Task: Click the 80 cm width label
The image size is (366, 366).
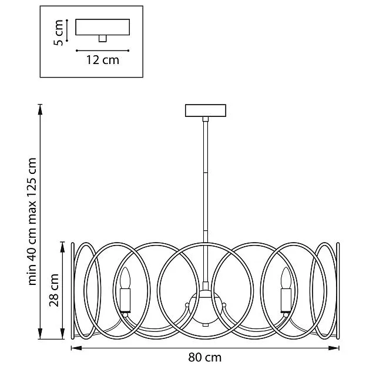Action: tap(204, 357)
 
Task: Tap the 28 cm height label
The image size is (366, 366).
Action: tap(54, 290)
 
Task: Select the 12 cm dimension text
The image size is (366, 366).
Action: tap(103, 60)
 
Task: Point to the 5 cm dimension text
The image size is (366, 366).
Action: tap(58, 33)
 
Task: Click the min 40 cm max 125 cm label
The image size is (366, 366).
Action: tap(32, 221)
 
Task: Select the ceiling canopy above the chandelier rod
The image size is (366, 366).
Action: tap(206, 110)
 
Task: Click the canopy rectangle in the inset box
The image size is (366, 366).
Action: tap(102, 27)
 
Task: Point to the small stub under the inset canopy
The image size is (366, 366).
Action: tap(102, 39)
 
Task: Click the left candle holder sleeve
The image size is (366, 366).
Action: tap(125, 300)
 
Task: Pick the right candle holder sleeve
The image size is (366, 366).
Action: tap(286, 300)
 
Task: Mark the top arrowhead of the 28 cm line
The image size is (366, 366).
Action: tap(62, 247)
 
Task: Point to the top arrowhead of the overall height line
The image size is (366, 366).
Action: tap(40, 109)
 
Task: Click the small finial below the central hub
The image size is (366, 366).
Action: tap(206, 325)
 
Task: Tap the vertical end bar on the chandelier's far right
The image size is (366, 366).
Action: tap(338, 291)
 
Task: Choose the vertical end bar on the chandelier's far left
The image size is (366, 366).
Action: tap(73, 291)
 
